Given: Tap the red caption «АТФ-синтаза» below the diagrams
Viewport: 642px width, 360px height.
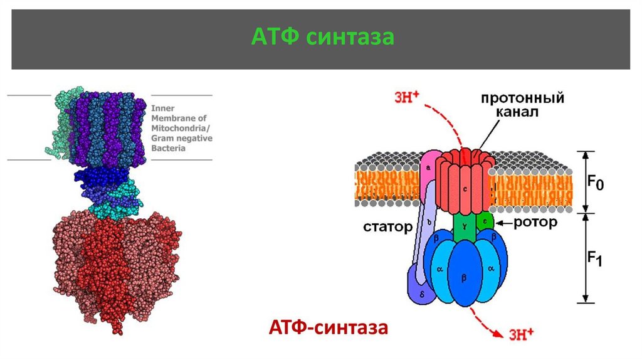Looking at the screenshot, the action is click(x=329, y=327).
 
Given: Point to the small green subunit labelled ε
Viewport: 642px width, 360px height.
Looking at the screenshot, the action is click(x=484, y=221).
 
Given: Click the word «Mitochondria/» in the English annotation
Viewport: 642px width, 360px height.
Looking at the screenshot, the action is click(x=181, y=128).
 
